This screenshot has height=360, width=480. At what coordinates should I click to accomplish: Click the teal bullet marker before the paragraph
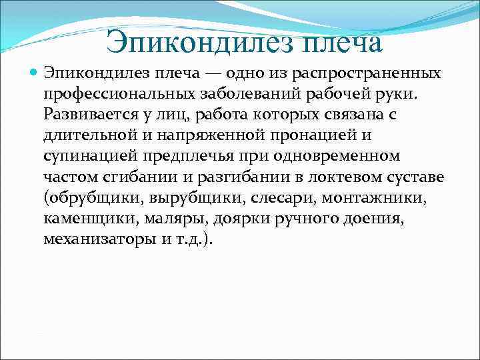(x=34, y=71)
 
